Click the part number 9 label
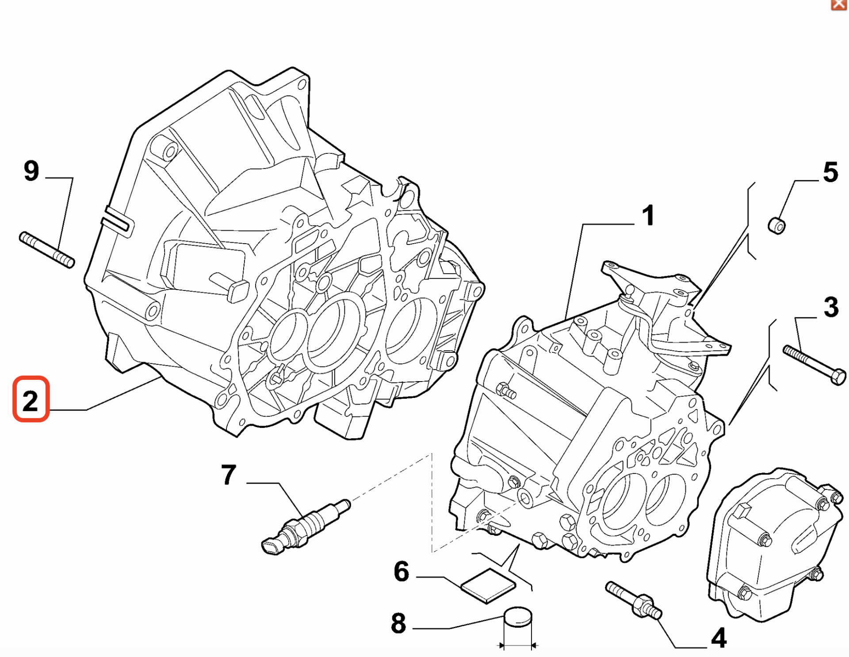click(x=31, y=171)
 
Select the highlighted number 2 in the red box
click(x=31, y=401)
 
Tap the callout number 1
click(x=648, y=216)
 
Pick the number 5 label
click(x=830, y=172)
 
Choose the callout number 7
click(x=229, y=475)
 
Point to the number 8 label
click(x=398, y=623)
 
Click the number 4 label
click(x=719, y=638)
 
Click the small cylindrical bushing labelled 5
click(x=776, y=225)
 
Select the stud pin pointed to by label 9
click(x=47, y=250)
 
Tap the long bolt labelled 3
click(x=815, y=365)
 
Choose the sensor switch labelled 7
click(x=306, y=527)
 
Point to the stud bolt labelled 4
click(x=633, y=600)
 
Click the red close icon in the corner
click(x=839, y=4)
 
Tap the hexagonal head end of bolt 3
click(x=839, y=378)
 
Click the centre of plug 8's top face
click(x=518, y=615)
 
